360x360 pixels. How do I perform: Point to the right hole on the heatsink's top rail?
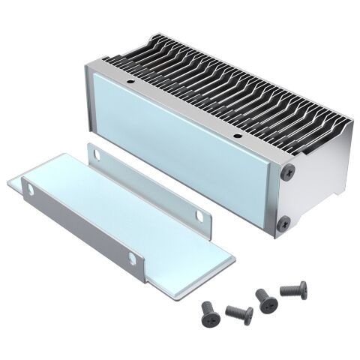coord(238,136)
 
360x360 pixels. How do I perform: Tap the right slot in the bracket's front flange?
coord(132,259)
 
